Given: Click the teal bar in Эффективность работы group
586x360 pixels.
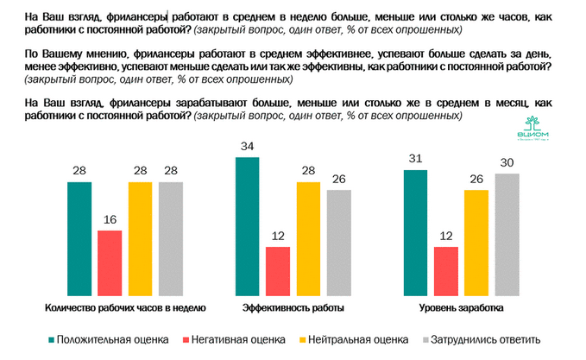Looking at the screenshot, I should pyautogui.click(x=248, y=224).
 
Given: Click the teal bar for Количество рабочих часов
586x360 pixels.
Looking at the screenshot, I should pyautogui.click(x=79, y=237).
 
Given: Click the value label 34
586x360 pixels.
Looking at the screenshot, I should pyautogui.click(x=248, y=144).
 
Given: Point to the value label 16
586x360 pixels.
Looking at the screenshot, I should pyautogui.click(x=110, y=220).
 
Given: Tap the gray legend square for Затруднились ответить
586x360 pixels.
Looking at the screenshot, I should pyautogui.click(x=427, y=339).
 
